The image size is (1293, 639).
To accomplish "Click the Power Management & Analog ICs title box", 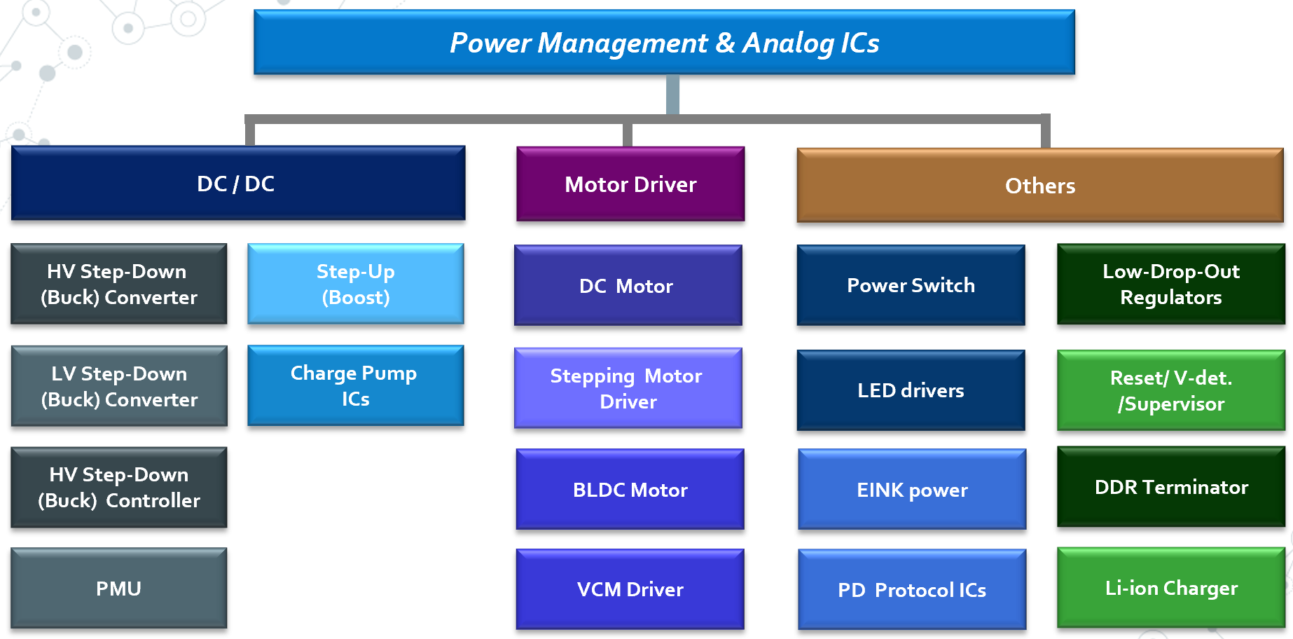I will (x=664, y=42).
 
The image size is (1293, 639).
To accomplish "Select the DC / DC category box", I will (x=238, y=184).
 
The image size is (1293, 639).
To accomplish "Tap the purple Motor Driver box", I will (x=630, y=184).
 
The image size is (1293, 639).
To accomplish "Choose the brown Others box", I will (x=1040, y=186).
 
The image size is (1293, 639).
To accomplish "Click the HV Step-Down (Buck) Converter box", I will (x=119, y=284).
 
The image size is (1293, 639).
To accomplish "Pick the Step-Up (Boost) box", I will (x=356, y=284).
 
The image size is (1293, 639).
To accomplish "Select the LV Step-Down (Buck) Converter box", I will (x=119, y=386).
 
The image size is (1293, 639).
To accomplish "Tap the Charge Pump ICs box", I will (x=356, y=385).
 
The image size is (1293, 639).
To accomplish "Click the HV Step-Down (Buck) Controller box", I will (x=119, y=487).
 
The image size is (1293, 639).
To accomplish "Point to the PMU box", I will (x=119, y=589).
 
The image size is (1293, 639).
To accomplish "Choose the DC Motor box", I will (x=628, y=286).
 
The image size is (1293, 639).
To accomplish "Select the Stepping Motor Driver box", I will (x=628, y=388).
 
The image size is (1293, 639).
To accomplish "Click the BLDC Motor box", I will (x=630, y=490).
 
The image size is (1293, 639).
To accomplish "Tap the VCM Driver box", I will (x=630, y=589).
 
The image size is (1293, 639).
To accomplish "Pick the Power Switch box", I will (x=911, y=285).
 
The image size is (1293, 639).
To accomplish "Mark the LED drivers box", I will (x=911, y=390).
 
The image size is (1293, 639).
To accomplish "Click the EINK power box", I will (x=912, y=490).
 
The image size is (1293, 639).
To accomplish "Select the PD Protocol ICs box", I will (x=912, y=590).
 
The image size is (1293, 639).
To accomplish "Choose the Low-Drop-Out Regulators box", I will (x=1171, y=284).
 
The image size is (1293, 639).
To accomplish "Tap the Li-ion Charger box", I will (x=1171, y=588).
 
